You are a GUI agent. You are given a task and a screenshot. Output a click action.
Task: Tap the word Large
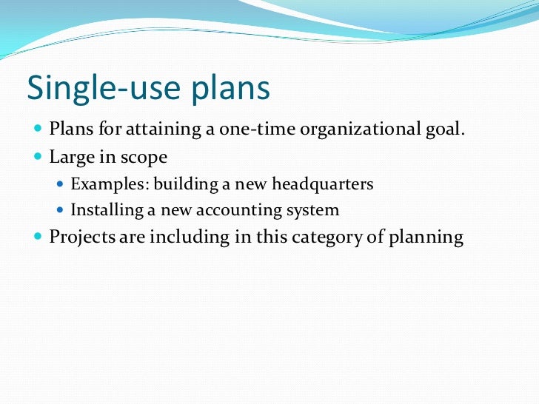(71, 158)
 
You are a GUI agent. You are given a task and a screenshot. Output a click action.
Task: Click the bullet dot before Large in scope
(38, 158)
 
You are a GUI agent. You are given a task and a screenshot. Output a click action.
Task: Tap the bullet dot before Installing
(61, 211)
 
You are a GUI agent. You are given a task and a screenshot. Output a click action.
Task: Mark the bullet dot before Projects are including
(38, 238)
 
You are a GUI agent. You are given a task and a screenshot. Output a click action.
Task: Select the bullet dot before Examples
(61, 184)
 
